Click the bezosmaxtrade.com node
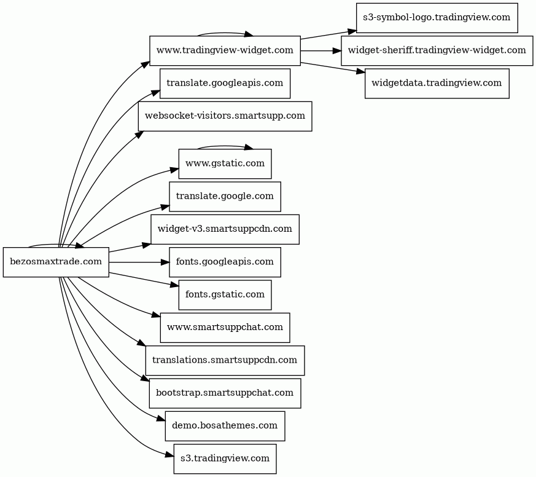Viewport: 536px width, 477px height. tap(56, 262)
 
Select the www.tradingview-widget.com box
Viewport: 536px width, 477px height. tap(225, 50)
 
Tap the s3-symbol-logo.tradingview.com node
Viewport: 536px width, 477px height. tap(437, 18)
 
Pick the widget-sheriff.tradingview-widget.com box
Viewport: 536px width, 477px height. tap(437, 50)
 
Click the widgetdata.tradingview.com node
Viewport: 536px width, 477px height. tap(437, 84)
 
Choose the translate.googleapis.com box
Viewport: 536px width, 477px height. tap(225, 84)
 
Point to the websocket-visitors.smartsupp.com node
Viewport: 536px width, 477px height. tap(225, 116)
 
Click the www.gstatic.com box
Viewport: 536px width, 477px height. tap(225, 164)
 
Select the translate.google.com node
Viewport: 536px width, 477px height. tap(225, 197)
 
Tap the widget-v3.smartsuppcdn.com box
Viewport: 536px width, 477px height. tap(225, 229)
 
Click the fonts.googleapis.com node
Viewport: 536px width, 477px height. tap(225, 262)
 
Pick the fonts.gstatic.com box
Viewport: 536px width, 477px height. tap(225, 295)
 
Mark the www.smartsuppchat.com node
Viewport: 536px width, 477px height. tap(225, 328)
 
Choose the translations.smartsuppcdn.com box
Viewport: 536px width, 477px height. tap(225, 360)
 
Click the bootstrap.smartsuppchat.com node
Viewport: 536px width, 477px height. tap(225, 393)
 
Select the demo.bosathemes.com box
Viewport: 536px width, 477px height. tap(225, 426)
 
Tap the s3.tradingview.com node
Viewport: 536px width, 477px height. tap(225, 459)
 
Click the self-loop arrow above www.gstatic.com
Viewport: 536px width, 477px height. tap(224, 146)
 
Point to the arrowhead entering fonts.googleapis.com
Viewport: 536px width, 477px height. tap(165, 262)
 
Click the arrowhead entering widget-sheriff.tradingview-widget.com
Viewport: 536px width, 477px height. tap(337, 50)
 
